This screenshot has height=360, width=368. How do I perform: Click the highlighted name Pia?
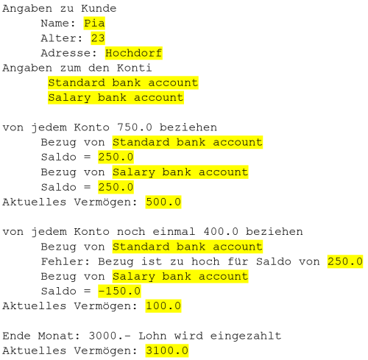click(x=94, y=24)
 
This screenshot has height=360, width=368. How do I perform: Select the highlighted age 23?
click(x=98, y=38)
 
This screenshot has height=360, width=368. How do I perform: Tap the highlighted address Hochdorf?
click(x=134, y=53)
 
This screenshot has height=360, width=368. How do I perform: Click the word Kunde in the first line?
click(x=99, y=9)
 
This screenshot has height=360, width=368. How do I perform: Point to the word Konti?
click(x=134, y=68)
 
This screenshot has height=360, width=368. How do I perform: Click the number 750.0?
click(x=135, y=127)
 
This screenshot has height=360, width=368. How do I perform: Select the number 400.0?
click(x=221, y=232)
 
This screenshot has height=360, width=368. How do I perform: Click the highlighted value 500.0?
click(x=163, y=202)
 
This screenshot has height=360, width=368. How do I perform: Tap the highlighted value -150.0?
click(x=119, y=291)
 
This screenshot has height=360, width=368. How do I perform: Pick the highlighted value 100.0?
click(x=163, y=306)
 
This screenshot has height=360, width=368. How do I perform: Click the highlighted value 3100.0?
click(x=167, y=350)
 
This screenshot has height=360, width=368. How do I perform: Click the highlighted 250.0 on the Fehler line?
click(x=345, y=261)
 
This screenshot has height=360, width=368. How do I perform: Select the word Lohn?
click(x=152, y=336)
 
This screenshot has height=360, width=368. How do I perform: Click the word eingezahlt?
click(x=246, y=336)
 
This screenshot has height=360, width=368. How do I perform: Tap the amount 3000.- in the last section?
click(x=110, y=336)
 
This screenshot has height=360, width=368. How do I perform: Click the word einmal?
click(x=174, y=232)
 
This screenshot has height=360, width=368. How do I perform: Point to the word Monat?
click(x=59, y=336)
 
